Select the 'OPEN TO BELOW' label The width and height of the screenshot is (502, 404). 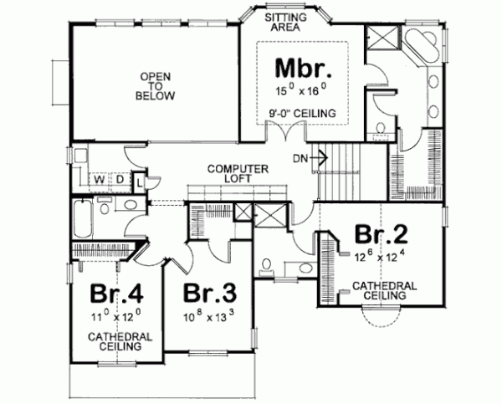click(156, 84)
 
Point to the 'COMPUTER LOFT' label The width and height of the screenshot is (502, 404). click(238, 174)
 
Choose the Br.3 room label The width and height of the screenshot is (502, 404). click(209, 295)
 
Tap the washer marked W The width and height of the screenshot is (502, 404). click(98, 179)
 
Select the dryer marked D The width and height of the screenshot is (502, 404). click(120, 179)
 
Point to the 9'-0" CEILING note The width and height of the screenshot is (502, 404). click(303, 112)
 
